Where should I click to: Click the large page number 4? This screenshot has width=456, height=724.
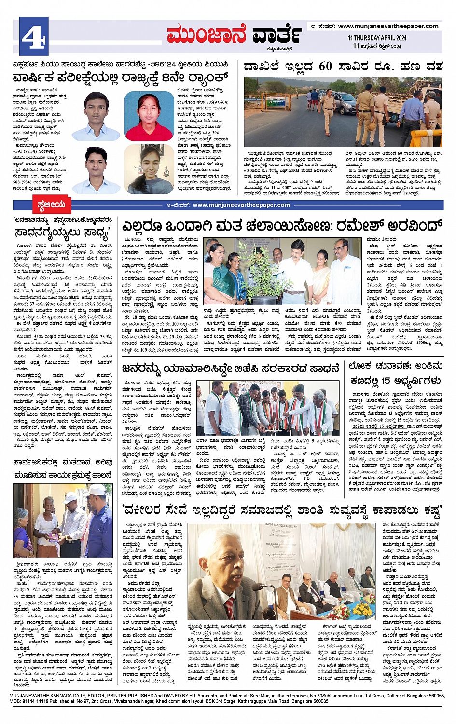pyautogui.click(x=34, y=36)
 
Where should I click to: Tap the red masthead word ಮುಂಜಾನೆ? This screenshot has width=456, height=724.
pyautogui.click(x=206, y=34)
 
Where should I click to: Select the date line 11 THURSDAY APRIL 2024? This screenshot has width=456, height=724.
pyautogui.click(x=377, y=38)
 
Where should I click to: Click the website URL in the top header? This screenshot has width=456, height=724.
pyautogui.click(x=388, y=26)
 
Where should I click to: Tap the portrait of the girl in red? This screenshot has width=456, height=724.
pyautogui.click(x=149, y=116)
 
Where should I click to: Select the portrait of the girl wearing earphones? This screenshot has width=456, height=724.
pyautogui.click(x=149, y=169)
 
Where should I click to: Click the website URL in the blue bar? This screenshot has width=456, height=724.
pyautogui.click(x=241, y=205)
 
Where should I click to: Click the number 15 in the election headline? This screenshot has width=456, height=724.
pyautogui.click(x=386, y=381)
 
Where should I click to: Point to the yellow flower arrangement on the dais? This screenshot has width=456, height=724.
pyautogui.click(x=362, y=609)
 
